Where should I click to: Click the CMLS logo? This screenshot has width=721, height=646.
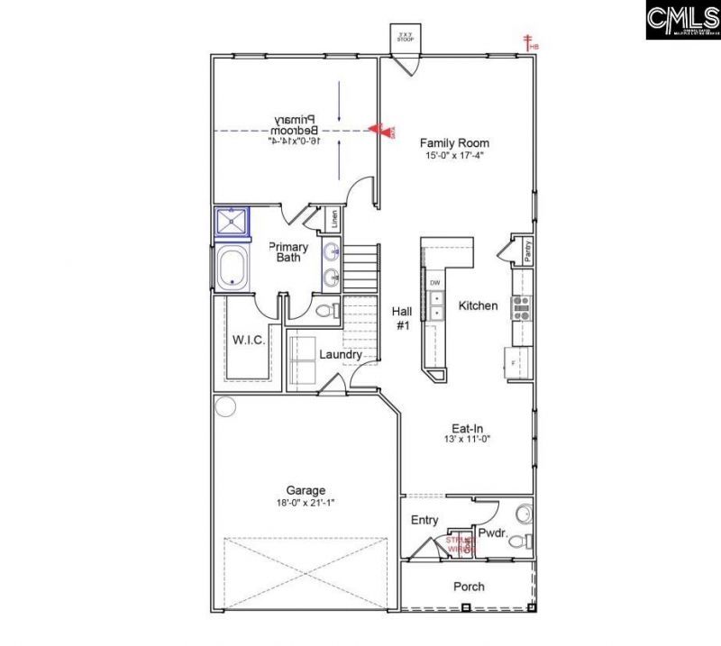(682, 20)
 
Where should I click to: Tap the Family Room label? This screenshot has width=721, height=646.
(454, 143)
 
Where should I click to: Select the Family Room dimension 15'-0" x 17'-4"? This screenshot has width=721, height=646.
(454, 156)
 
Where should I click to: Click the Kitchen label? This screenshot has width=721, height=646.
(478, 306)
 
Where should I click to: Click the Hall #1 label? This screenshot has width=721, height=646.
(402, 317)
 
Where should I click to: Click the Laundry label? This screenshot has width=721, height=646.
(341, 355)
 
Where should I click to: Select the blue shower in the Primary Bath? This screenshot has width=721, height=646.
(233, 222)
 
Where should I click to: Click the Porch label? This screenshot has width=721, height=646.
(469, 587)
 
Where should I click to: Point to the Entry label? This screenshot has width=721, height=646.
(424, 521)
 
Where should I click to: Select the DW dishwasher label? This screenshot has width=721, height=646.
(434, 283)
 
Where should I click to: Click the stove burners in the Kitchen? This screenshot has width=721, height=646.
(521, 308)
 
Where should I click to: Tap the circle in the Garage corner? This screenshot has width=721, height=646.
(224, 406)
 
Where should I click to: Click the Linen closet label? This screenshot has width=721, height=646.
(333, 219)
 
